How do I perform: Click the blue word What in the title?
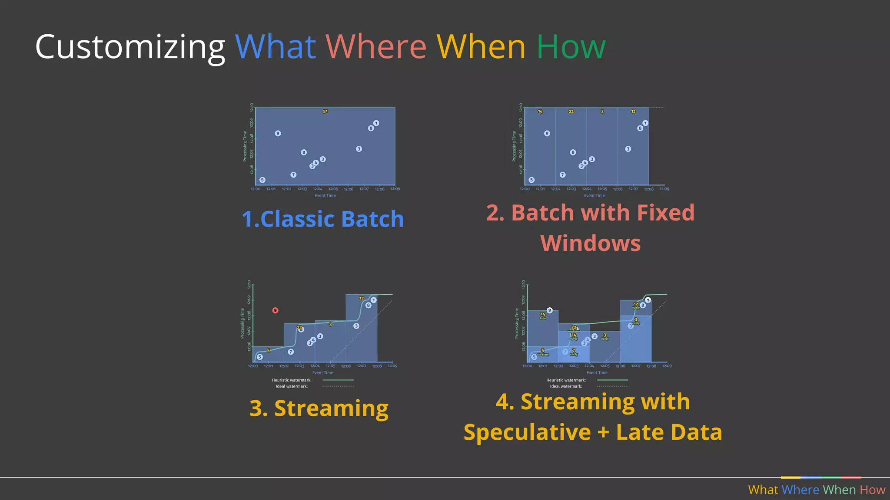coord(275,46)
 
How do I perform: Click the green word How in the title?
coord(571,46)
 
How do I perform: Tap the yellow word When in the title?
coord(481,46)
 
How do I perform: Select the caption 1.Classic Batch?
coord(323,219)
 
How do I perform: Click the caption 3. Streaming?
coord(319,408)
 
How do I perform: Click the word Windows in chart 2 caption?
coord(591,243)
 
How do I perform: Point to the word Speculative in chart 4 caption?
coord(527,432)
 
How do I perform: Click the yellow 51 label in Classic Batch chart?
coord(325,112)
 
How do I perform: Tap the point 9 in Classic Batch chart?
coord(278,133)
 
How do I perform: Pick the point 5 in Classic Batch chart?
coord(262,180)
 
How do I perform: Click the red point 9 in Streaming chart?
coord(275,310)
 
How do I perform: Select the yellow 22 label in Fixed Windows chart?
coord(571,112)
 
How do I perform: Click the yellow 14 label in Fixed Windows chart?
coord(540,112)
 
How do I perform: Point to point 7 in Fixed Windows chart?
coord(562,174)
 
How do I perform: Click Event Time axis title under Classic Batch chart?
coord(325,196)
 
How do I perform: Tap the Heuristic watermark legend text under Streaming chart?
coord(292,380)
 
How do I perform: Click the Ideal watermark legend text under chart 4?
coord(566,386)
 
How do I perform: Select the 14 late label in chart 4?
coord(543,316)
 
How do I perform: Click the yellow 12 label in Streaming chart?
coord(361,298)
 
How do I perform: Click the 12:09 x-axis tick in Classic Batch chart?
coord(395,189)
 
